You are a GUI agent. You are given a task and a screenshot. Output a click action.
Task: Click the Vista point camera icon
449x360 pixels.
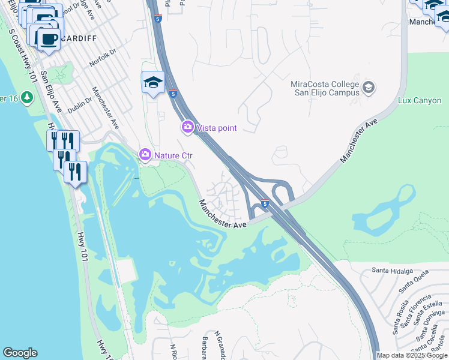coord(188,127)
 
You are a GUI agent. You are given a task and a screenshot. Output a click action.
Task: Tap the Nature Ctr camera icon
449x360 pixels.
coord(145,155)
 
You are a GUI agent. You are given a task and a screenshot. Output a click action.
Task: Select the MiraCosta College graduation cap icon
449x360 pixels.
coord(369,88)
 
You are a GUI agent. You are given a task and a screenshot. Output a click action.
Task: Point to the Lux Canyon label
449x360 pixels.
coord(420,100)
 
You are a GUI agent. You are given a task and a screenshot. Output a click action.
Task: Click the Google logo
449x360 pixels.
coord(20,353)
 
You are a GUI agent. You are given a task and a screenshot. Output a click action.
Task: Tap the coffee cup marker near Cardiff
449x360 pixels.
coord(49,40)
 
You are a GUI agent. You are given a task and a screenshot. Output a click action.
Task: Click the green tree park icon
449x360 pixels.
coord(26,97)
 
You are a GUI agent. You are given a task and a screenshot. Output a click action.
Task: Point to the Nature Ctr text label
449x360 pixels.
coord(173,155)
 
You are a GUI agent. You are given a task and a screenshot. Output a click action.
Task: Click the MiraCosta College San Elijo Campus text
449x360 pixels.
coord(325,88)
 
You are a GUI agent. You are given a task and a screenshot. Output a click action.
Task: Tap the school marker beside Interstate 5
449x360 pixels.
coord(153,82)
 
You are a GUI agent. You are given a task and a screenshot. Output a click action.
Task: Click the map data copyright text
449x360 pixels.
coord(412,355)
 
